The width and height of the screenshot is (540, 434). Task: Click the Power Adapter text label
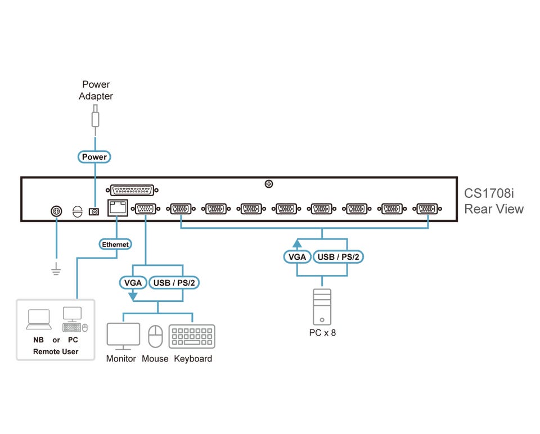point(96,91)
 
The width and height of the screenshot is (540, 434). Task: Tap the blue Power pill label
point(94,157)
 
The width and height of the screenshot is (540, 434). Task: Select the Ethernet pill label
point(115,244)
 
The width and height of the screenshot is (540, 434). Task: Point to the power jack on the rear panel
point(95,211)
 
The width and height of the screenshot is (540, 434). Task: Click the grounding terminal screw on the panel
point(56,211)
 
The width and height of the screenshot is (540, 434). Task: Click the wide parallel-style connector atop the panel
point(132,190)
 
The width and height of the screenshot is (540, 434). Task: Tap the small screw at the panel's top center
point(269,184)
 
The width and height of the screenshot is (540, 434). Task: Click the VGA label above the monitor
point(133,282)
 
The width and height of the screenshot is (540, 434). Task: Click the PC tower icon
point(322,306)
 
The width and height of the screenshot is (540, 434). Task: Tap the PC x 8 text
point(322,332)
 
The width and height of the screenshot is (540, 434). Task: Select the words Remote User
point(56,351)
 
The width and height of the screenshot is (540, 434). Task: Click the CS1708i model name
point(489,193)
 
